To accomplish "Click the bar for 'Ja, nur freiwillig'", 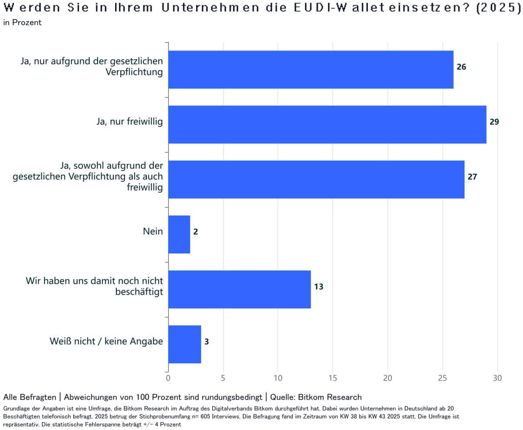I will click(327, 124).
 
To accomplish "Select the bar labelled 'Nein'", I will click(179, 234).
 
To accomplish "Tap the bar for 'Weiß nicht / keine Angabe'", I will click(184, 344).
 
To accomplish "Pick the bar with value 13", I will click(239, 289).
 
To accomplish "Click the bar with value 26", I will click(310, 69).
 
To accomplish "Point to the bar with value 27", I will click(316, 179).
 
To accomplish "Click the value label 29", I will click(494, 122).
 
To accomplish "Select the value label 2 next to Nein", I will click(196, 232).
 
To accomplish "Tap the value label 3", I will click(207, 342).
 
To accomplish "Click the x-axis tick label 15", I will click(333, 378).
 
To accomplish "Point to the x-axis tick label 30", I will click(497, 378).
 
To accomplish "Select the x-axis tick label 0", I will click(168, 378).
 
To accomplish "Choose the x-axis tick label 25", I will click(442, 378).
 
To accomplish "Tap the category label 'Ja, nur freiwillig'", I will click(129, 122).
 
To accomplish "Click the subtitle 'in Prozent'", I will click(22, 23).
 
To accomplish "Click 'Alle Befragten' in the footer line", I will click(29, 397).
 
